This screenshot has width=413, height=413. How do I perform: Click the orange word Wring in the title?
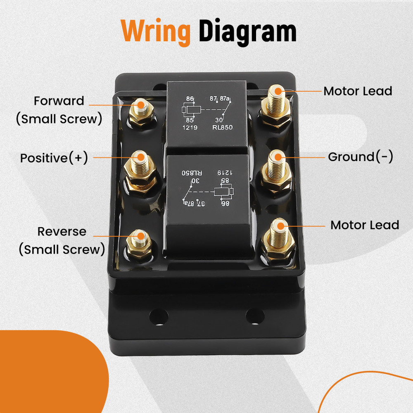tap(156, 32)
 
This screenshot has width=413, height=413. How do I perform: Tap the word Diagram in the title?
tap(247, 32)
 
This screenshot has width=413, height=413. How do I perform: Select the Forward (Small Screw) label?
tap(59, 109)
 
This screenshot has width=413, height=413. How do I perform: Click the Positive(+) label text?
tap(54, 158)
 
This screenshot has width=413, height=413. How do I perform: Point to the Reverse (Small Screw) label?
tap(62, 240)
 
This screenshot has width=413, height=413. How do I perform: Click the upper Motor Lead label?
tap(358, 91)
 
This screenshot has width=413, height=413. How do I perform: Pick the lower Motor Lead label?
tap(365, 225)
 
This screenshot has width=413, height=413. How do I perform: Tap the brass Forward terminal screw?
tap(141, 109)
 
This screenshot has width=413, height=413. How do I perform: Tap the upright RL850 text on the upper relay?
tap(223, 128)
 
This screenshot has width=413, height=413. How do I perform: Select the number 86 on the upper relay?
tap(190, 99)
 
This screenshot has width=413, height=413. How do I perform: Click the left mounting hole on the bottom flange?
tap(159, 317)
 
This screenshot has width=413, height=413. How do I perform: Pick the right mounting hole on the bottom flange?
tap(255, 317)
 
